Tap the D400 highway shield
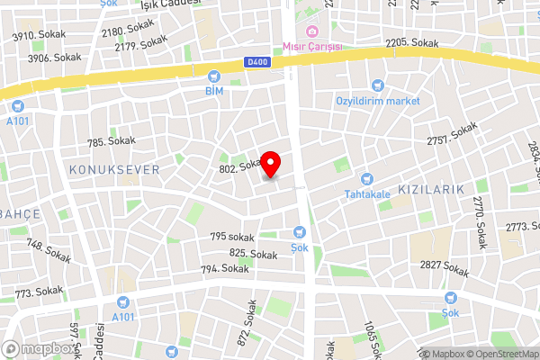(256, 62)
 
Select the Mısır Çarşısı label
(312, 48)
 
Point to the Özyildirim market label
(377, 101)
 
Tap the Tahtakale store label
(366, 193)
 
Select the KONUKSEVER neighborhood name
(113, 169)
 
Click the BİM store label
(213, 91)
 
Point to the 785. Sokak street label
(110, 140)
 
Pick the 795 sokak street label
(232, 237)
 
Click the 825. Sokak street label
(253, 255)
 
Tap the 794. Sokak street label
(225, 268)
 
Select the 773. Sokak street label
(39, 292)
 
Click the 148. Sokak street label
(49, 246)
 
